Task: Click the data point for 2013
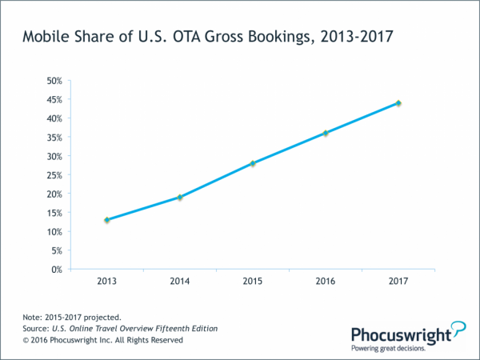(106, 220)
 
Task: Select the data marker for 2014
(180, 197)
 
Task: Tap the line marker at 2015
(253, 163)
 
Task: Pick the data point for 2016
(326, 133)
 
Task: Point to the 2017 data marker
(398, 103)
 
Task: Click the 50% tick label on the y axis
(53, 81)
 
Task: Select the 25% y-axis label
(53, 175)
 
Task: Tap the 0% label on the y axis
(56, 270)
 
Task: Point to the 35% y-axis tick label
(53, 138)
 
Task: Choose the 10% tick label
(53, 232)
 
